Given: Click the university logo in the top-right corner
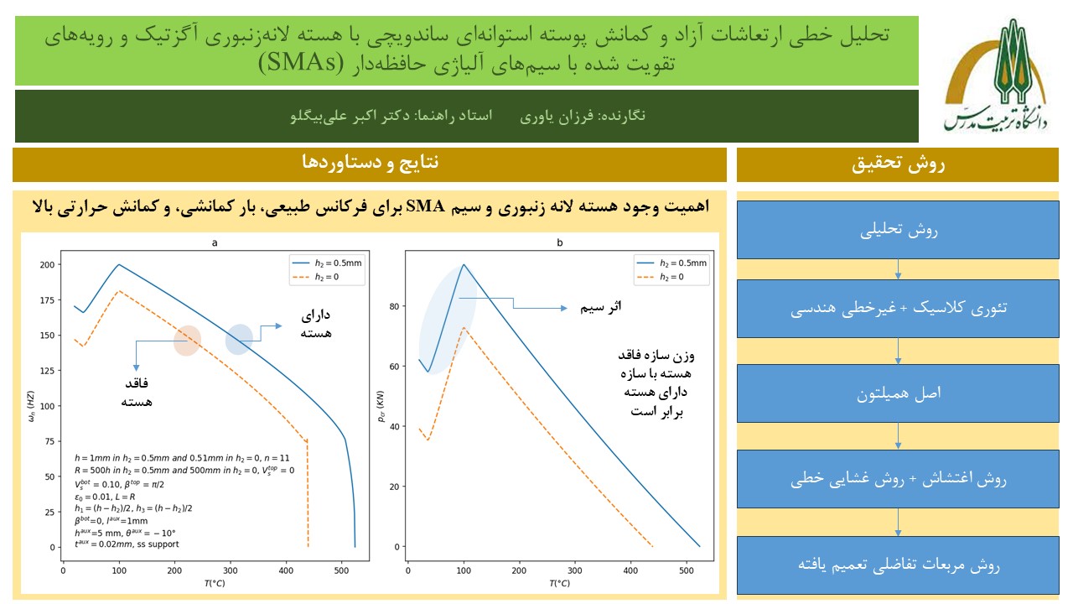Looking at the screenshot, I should (x=994, y=75).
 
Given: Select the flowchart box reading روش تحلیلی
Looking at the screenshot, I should (x=898, y=228).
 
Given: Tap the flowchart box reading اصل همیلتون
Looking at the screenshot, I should (x=898, y=393).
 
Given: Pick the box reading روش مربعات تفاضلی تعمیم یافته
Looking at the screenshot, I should (x=898, y=565).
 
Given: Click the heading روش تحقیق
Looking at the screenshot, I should (x=898, y=164).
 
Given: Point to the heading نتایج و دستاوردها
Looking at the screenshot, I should (x=370, y=162).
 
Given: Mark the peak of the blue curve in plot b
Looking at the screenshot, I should (x=463, y=264).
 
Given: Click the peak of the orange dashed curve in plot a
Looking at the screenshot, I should (x=119, y=291).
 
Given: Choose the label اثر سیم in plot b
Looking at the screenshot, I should (x=601, y=308).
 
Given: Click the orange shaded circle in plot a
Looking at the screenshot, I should (x=187, y=341).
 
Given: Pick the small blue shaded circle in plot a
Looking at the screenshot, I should (x=239, y=339).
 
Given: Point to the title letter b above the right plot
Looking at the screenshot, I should (x=559, y=243).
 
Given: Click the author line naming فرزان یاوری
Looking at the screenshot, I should (x=587, y=115).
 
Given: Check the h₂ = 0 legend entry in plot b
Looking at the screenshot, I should (x=671, y=277).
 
